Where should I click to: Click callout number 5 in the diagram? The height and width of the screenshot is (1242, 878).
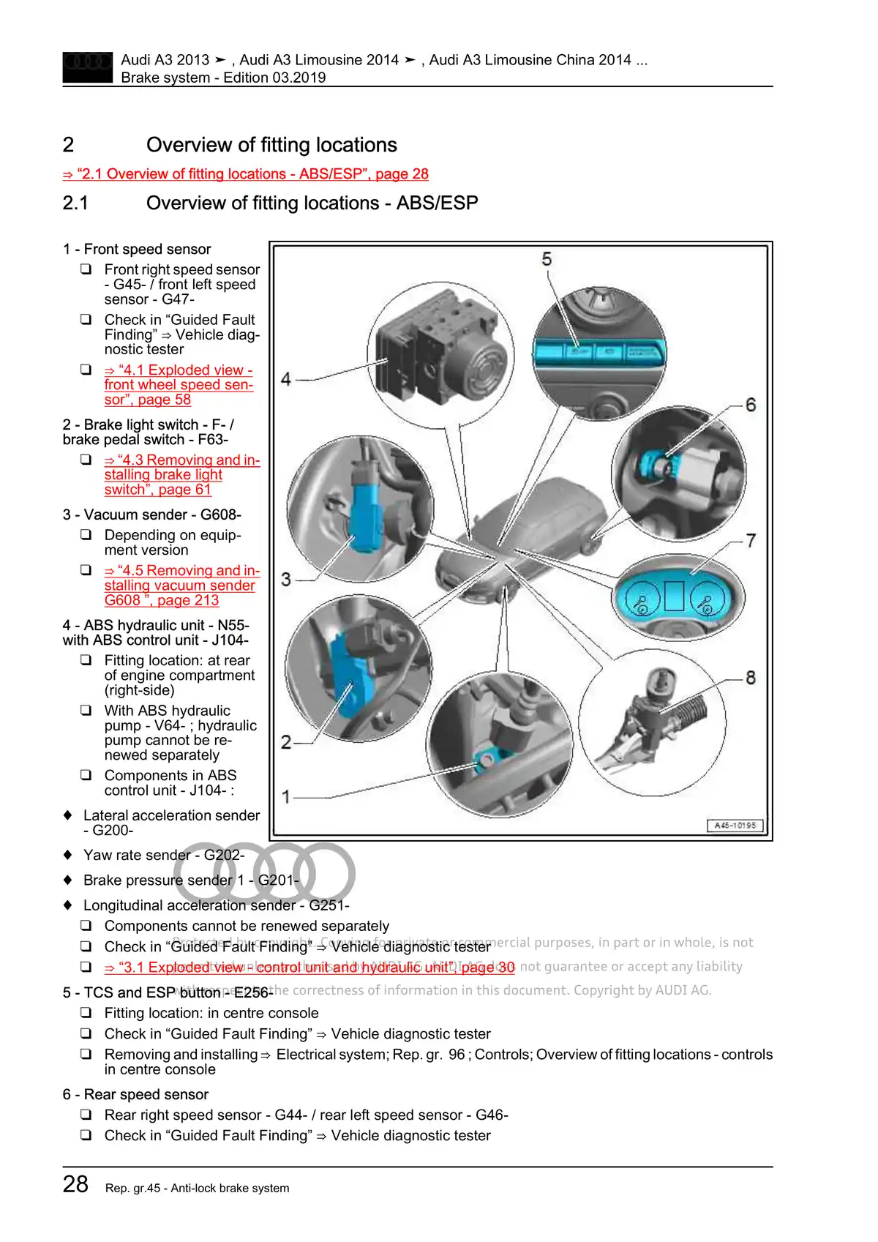click(x=547, y=260)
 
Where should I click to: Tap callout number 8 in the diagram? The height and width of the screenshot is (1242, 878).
click(x=751, y=678)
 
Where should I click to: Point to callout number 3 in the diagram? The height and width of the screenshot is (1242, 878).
click(x=286, y=580)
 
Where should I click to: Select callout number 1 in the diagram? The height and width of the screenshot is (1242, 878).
click(x=286, y=796)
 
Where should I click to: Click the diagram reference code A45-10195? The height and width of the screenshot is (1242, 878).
click(x=735, y=826)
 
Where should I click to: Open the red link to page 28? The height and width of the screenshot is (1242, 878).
click(x=246, y=174)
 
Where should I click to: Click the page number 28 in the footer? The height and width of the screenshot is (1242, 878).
click(x=75, y=1184)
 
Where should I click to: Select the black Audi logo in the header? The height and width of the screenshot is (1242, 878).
click(x=88, y=67)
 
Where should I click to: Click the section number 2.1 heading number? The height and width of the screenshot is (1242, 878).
click(x=75, y=203)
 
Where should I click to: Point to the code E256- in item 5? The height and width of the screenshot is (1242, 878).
click(x=252, y=993)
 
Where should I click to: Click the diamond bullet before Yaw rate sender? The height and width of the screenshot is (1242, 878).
click(x=68, y=855)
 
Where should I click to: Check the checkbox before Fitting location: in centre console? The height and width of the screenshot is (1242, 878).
click(x=86, y=1014)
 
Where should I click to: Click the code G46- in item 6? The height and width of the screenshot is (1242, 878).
click(x=492, y=1115)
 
